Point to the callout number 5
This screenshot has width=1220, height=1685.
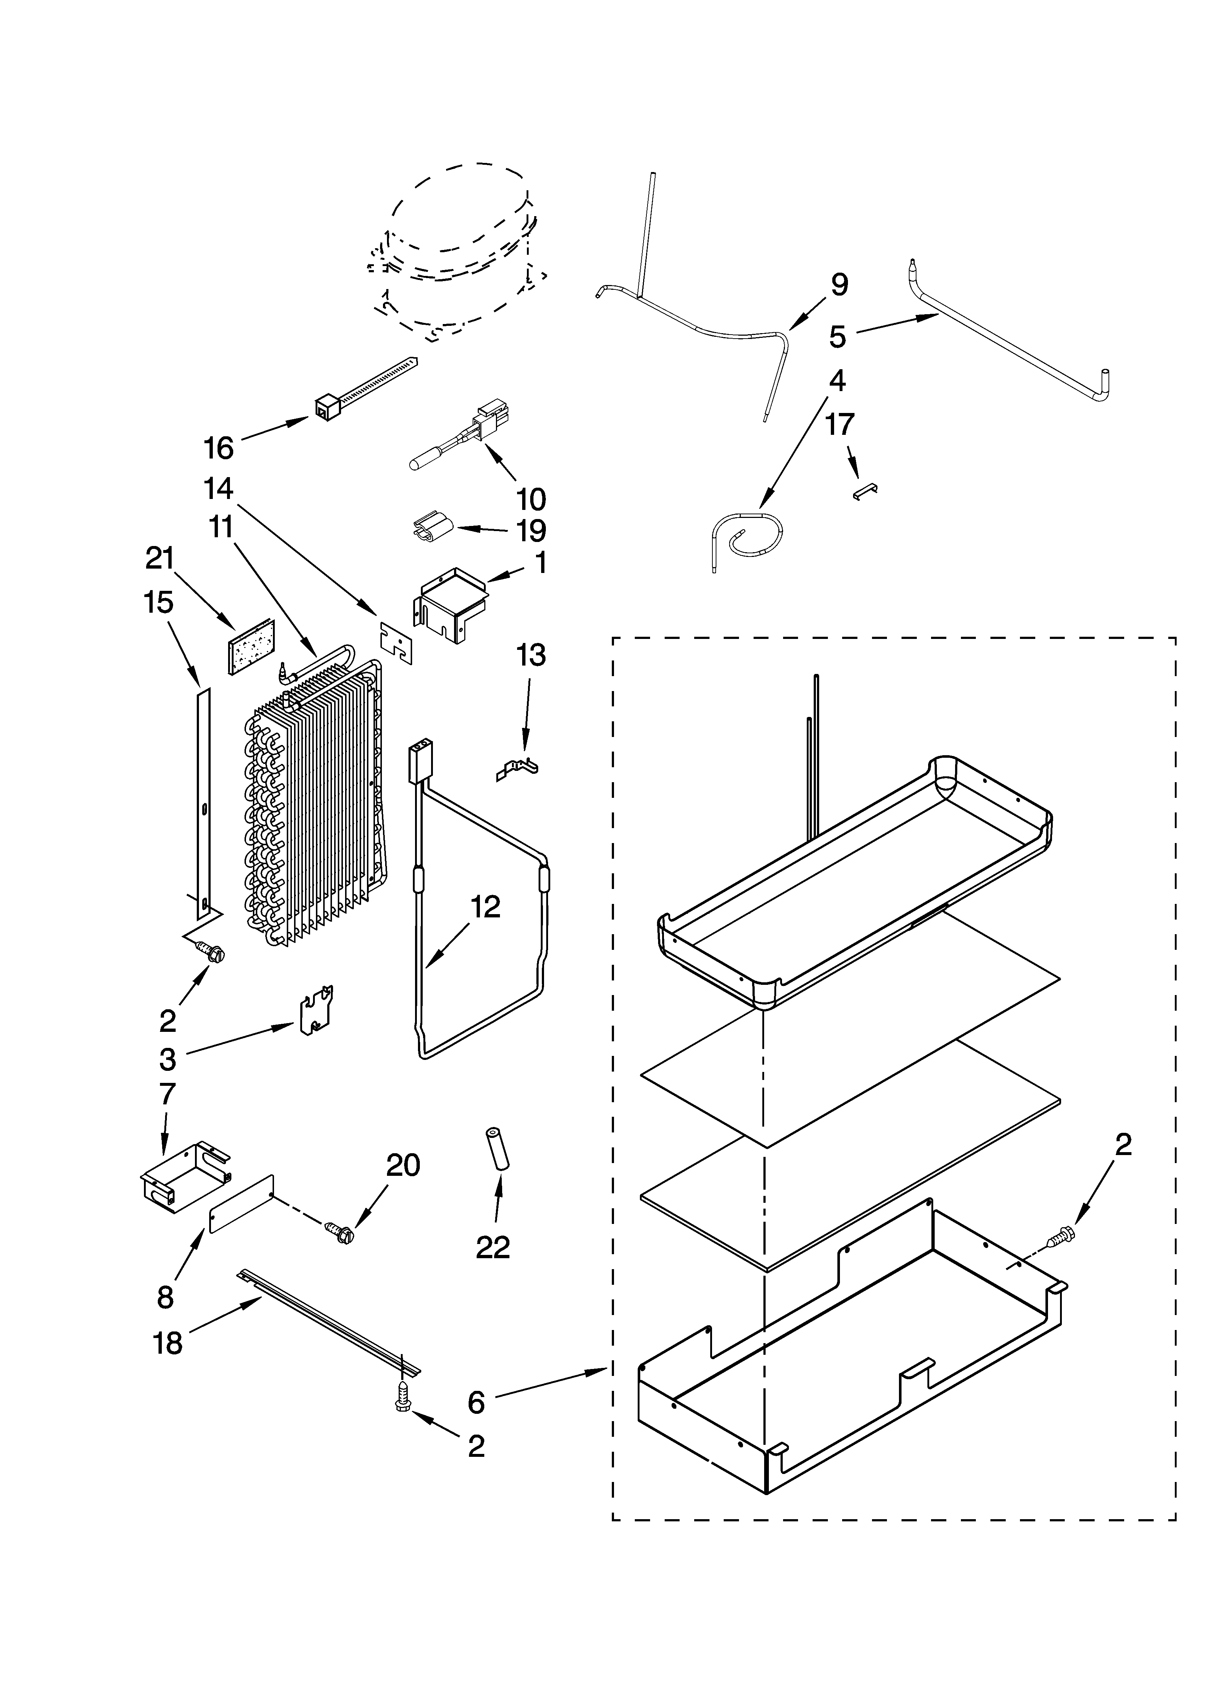[837, 336]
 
